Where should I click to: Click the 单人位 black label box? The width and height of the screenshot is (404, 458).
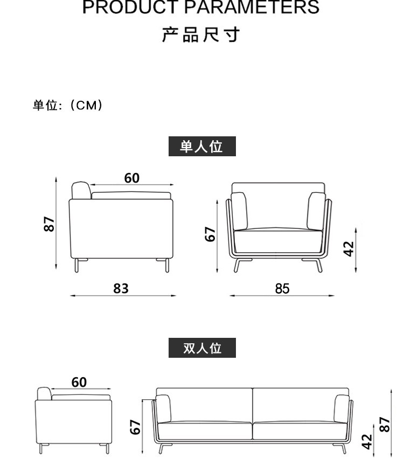(202, 146)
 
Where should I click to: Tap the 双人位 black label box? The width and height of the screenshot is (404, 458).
(202, 348)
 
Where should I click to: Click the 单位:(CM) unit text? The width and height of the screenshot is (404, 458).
(68, 106)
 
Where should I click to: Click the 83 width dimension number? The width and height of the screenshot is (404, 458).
(121, 289)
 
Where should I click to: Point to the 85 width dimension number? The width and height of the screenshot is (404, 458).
(282, 289)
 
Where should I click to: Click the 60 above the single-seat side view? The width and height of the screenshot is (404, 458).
(131, 178)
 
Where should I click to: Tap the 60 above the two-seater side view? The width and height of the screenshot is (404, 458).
(79, 382)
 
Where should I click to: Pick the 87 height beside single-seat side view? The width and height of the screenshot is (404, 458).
(49, 224)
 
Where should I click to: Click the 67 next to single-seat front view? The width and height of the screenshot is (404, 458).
(211, 234)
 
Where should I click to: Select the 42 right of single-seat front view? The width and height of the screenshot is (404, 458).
(349, 248)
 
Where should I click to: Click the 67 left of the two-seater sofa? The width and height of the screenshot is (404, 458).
(136, 427)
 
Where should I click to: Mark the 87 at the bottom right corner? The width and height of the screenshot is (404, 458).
(384, 424)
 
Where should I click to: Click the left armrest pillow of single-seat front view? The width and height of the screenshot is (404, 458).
(240, 211)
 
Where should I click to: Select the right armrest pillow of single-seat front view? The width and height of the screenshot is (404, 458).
(316, 211)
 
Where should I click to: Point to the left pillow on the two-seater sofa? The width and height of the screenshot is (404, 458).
(163, 408)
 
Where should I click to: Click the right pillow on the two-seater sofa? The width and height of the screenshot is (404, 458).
(342, 408)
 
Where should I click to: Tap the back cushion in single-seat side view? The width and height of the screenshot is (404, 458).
(82, 190)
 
